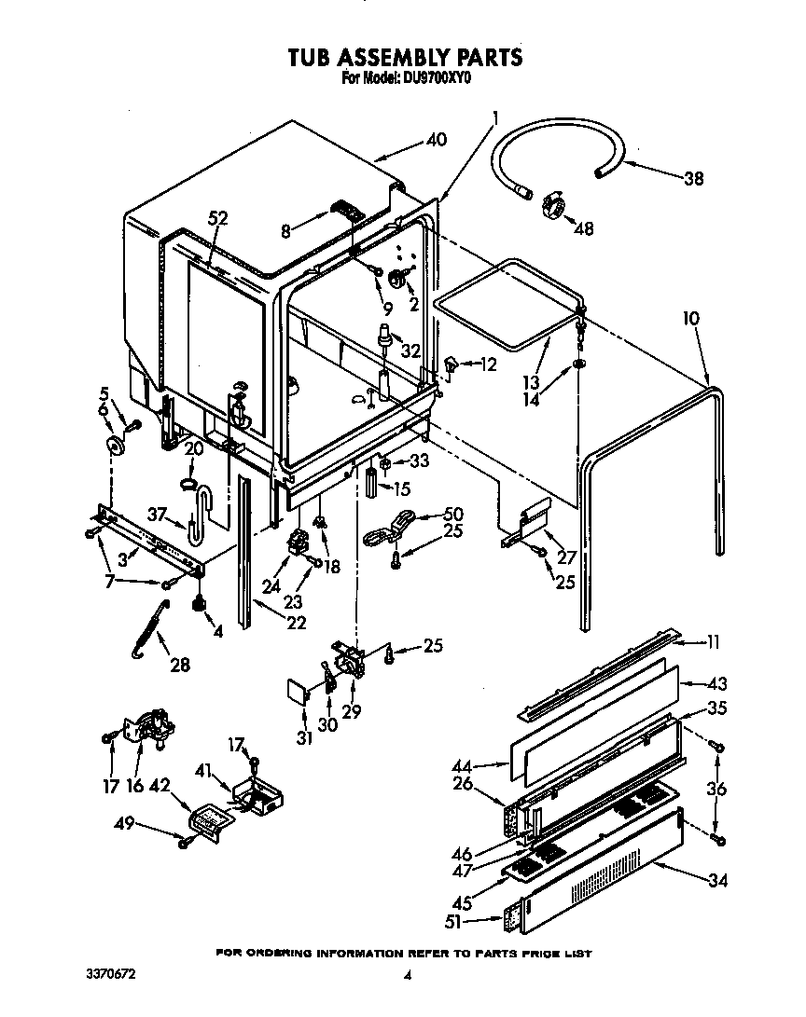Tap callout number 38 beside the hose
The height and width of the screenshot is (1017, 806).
[x=693, y=179]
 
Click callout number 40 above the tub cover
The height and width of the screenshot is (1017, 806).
[x=436, y=140]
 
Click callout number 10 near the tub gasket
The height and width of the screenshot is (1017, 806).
[x=689, y=319]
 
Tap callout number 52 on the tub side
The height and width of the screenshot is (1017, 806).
[x=217, y=218]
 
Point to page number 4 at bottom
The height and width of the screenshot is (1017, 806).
[x=407, y=977]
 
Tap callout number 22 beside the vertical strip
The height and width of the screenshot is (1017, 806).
[x=297, y=623]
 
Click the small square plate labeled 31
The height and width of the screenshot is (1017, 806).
[x=296, y=693]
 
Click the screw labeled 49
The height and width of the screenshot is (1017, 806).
[x=186, y=842]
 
